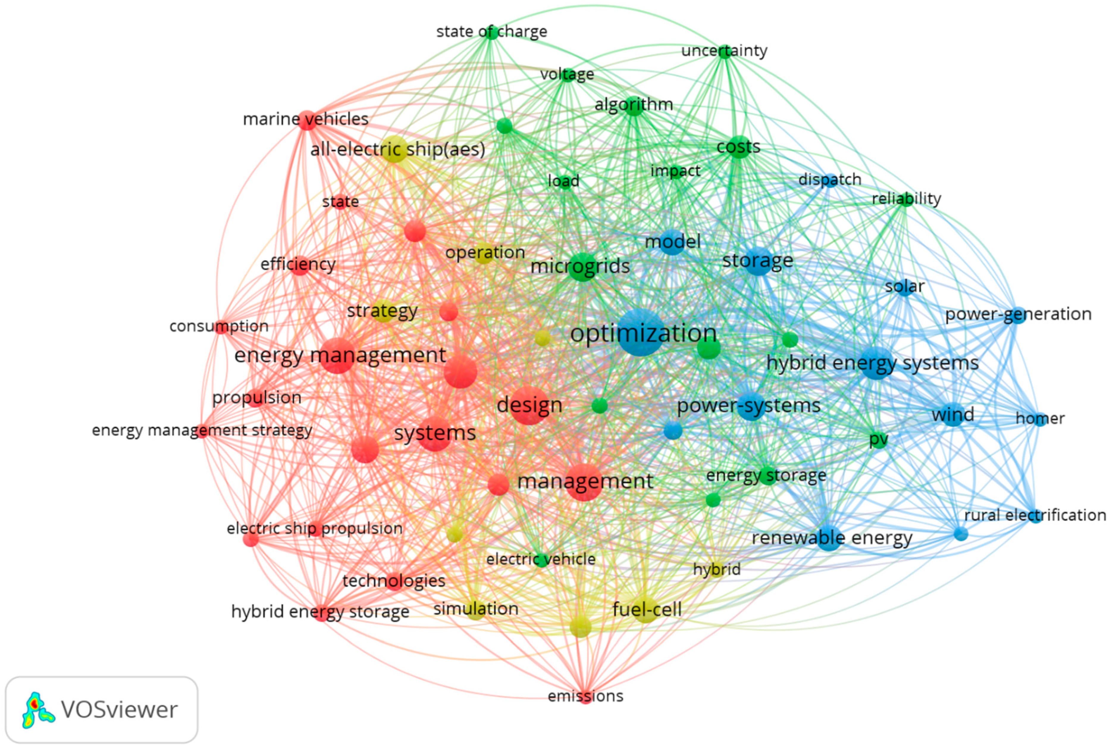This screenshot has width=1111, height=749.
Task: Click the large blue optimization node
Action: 640,332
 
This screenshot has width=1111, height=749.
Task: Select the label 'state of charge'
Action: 491,32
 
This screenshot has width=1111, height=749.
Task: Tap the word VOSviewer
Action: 119,710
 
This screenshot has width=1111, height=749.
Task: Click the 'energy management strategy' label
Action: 202,430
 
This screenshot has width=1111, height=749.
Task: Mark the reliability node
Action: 905,199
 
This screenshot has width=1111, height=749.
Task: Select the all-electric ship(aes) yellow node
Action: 394,149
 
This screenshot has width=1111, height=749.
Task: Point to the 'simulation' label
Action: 476,609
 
